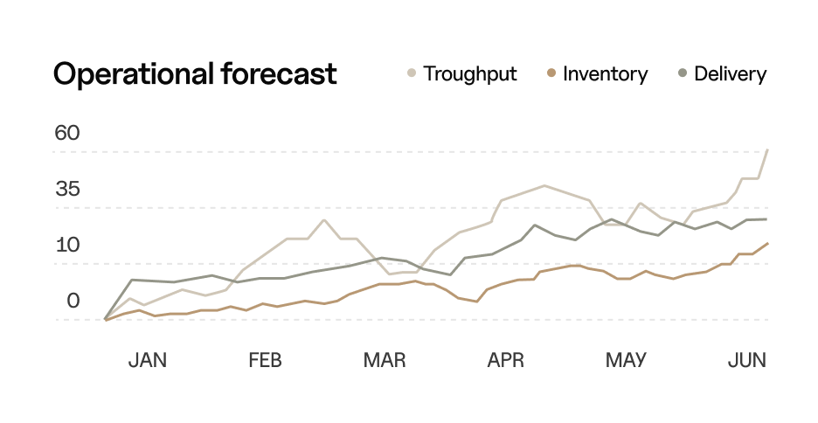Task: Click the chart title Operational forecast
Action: point(195,74)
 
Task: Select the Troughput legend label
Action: point(470,74)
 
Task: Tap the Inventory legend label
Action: point(605,74)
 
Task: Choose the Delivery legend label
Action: point(730,74)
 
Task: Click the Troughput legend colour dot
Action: point(412,74)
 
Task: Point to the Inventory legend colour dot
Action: point(551,74)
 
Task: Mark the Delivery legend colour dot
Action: point(682,74)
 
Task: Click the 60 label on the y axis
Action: point(67,134)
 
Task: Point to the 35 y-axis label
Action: point(67,190)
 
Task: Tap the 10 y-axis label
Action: point(67,246)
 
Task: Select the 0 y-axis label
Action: point(73,302)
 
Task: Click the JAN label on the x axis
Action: point(147,360)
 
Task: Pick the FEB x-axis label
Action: point(265,360)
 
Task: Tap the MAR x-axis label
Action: point(385,360)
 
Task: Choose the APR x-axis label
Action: point(505,360)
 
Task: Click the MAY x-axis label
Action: point(626,360)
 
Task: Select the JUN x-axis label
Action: point(747,360)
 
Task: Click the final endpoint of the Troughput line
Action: point(767,150)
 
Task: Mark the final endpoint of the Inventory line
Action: point(767,243)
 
